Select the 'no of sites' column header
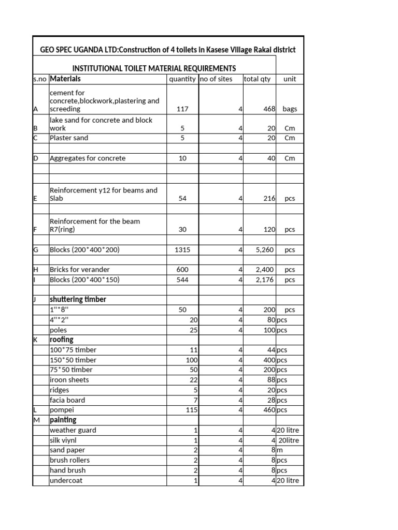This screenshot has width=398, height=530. [216, 79]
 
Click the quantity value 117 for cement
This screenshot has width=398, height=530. [182, 109]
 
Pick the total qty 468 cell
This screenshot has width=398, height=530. [267, 109]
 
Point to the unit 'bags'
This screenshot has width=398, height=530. [290, 109]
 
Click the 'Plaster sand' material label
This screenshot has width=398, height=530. [69, 138]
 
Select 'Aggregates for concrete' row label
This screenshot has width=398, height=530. [87, 158]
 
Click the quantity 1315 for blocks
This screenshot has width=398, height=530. [182, 249]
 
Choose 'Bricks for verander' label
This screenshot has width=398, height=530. [79, 270]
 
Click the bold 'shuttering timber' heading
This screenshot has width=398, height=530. [78, 300]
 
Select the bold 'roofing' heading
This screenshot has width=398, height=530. [61, 340]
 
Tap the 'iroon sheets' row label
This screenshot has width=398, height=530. [69, 380]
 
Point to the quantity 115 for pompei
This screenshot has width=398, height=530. [192, 410]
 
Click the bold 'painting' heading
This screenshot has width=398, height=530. [63, 420]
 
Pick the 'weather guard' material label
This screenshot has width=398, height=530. [73, 430]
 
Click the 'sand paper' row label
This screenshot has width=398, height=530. [67, 450]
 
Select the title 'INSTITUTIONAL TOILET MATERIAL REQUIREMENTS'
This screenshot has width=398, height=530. [154, 68]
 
